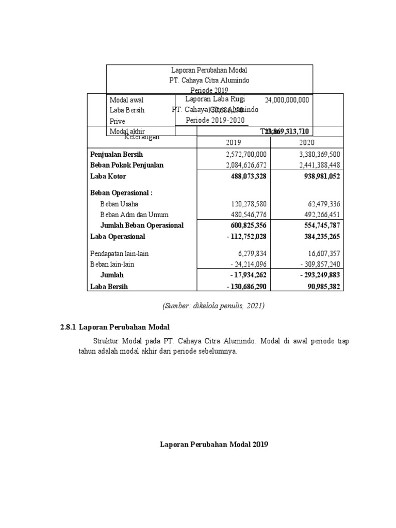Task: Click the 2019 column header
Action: click(234, 143)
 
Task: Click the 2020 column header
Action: click(306, 143)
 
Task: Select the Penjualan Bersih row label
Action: click(117, 154)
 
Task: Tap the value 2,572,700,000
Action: click(246, 154)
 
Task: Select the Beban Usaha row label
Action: click(119, 204)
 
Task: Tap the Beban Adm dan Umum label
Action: click(134, 214)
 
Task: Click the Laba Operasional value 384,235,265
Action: click(318, 237)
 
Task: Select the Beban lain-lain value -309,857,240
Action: click(316, 264)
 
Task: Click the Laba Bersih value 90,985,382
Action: click(320, 286)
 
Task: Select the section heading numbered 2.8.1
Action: click(112, 327)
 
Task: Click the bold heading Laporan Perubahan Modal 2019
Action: click(214, 444)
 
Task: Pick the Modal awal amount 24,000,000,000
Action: click(287, 100)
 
